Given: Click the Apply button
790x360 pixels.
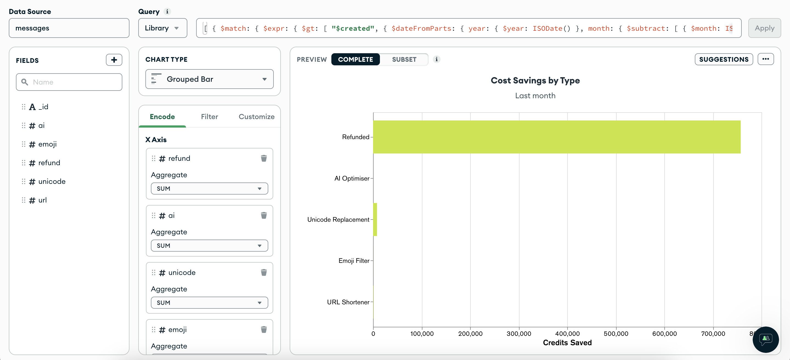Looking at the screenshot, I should [764, 28].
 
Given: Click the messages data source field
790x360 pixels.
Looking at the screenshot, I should [69, 28].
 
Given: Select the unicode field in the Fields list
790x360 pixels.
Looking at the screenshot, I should [52, 182].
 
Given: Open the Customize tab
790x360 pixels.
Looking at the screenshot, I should [256, 117].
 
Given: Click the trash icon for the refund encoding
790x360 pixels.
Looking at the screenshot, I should [263, 158].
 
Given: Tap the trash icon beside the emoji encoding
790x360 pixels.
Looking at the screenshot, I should [263, 330].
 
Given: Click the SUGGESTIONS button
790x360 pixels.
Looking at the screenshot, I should [723, 60].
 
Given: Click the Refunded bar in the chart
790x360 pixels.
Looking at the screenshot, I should [556, 137].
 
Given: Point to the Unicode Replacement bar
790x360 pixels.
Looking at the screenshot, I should [375, 220].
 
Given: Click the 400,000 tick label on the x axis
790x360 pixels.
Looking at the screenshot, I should [567, 334].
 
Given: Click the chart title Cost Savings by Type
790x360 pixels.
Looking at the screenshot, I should [535, 80].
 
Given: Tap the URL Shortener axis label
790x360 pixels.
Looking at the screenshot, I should [348, 302].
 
